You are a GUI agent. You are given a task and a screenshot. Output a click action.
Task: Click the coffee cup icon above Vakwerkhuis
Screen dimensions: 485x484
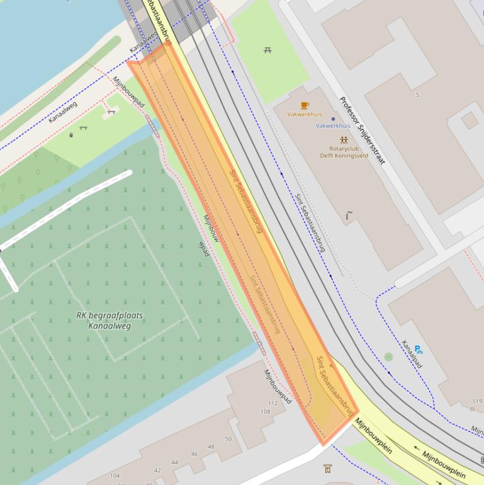tap(305, 105)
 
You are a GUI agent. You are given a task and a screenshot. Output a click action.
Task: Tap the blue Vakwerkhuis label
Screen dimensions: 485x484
tap(332, 125)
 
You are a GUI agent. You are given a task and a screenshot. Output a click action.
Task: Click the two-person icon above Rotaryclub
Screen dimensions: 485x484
tap(343, 139)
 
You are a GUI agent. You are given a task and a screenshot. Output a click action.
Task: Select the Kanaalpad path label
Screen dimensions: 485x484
tap(412, 355)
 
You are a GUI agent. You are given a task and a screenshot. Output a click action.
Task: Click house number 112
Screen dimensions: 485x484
tap(273, 403)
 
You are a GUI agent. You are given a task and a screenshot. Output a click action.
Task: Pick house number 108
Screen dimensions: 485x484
tap(265, 411)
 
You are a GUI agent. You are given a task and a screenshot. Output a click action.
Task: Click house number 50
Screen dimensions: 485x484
tap(228, 438)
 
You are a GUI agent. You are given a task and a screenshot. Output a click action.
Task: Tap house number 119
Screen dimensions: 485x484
tap(477, 401)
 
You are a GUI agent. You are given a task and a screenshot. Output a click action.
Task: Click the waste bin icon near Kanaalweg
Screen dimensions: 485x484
tap(71, 134)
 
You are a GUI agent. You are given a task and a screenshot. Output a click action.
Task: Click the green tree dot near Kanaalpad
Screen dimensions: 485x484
tap(388, 357)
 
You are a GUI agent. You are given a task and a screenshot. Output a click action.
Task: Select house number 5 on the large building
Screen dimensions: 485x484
tap(417, 95)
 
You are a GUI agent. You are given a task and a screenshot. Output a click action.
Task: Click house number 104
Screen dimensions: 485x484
tap(115, 476)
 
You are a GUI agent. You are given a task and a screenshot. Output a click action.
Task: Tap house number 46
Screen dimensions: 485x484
tap(194, 454)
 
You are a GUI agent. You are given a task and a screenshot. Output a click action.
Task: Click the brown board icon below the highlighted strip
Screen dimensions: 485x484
tap(327, 469)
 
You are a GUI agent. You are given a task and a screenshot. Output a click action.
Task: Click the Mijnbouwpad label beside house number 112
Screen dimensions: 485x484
tap(278, 386)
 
